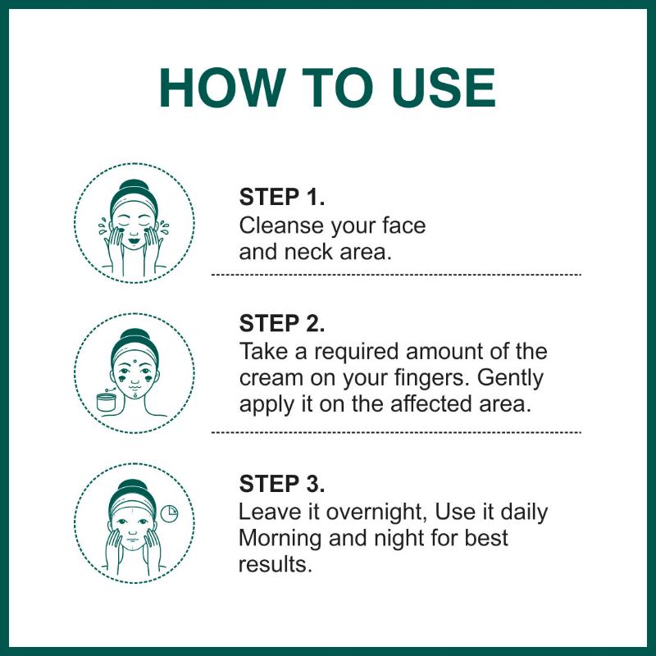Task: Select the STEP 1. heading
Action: [x=281, y=197]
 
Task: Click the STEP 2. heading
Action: [x=281, y=323]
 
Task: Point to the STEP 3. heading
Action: [x=281, y=484]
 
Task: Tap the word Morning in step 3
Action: [x=280, y=539]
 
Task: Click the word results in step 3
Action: [x=276, y=564]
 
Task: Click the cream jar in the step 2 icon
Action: [x=107, y=402]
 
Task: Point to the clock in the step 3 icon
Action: [x=169, y=514]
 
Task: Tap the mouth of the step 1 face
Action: [x=134, y=241]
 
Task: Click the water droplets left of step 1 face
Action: [x=102, y=226]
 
